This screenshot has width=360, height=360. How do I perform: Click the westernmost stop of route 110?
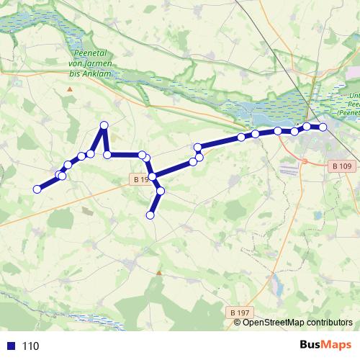[x=37, y=189]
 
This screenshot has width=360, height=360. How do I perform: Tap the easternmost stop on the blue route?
[x=323, y=127]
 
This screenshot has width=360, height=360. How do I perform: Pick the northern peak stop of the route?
[x=104, y=125]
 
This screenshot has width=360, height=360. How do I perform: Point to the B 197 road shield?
[x=240, y=312]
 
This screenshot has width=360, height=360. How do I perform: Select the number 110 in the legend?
[x=30, y=346]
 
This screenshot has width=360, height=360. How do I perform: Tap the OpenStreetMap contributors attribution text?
[x=297, y=323]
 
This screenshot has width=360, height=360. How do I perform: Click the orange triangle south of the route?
[x=159, y=273]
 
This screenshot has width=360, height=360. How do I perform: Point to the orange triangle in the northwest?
[x=70, y=89]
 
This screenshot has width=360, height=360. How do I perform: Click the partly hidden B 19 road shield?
[x=140, y=179]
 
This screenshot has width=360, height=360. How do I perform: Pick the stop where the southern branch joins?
[x=153, y=176]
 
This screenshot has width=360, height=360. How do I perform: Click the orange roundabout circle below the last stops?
[x=305, y=161]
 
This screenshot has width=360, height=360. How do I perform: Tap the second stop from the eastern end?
[x=307, y=127]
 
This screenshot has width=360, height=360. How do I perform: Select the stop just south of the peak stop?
[x=107, y=154]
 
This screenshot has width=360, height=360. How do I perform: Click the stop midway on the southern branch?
[x=161, y=191]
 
